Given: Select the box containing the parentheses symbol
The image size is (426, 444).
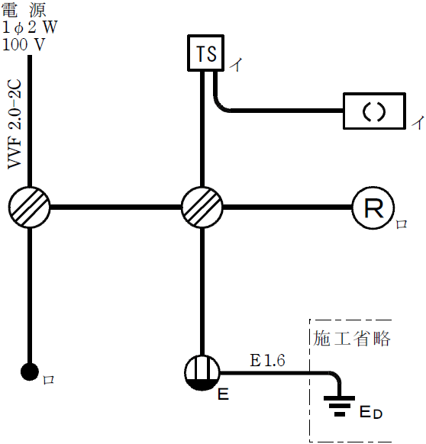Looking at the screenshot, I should click(373, 111).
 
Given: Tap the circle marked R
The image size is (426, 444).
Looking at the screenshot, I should click(373, 208).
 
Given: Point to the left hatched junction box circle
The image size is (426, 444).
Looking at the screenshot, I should click(31, 207).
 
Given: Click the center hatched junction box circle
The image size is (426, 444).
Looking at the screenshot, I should click(202, 207).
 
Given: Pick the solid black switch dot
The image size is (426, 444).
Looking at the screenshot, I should click(30, 372).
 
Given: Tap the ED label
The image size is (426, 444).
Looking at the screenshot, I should click(370, 413).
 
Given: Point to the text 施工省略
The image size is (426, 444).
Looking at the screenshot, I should click(352, 338).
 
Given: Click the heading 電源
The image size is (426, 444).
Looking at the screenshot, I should click(24, 10).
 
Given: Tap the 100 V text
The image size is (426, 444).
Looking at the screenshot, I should click(24, 43).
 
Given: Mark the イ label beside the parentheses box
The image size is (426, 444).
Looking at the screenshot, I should click(416, 122).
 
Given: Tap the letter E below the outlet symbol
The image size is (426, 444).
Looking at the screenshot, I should click(223, 394).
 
